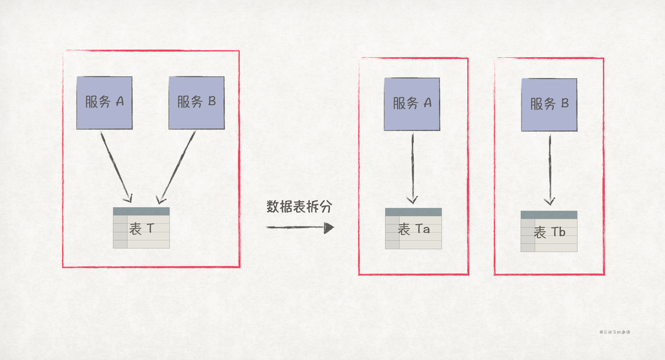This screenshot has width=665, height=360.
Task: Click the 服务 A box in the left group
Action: click(104, 103)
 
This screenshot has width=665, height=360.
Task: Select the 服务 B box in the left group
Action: click(197, 103)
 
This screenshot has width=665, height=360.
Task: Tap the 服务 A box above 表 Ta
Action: click(412, 104)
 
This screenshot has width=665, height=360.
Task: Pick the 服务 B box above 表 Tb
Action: click(549, 105)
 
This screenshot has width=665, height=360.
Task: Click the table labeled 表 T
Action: click(141, 228)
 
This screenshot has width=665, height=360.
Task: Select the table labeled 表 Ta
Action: click(413, 229)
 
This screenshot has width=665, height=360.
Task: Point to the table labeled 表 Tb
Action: click(549, 232)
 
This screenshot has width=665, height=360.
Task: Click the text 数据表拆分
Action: click(299, 207)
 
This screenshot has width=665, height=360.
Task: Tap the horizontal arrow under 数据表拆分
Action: click(296, 227)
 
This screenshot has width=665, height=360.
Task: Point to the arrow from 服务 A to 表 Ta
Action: click(412, 168)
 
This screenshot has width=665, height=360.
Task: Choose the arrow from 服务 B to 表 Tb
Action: click(550, 169)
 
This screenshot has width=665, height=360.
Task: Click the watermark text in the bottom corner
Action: click(615, 332)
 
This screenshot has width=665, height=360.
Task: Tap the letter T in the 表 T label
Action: click(150, 228)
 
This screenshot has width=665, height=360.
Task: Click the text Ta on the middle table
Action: click(423, 229)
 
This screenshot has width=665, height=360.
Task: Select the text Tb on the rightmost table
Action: click(558, 232)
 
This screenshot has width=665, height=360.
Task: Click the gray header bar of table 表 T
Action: click(141, 211)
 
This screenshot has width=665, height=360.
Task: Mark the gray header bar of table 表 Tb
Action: click(549, 215)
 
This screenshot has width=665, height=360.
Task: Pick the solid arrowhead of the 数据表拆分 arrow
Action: click(329, 228)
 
